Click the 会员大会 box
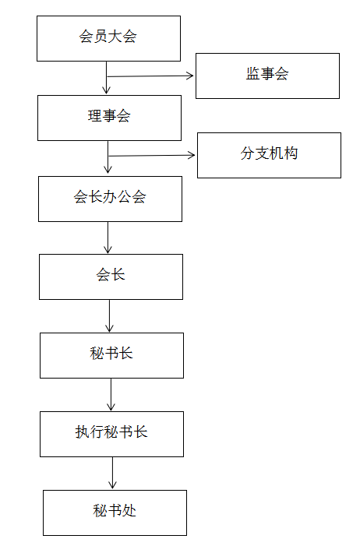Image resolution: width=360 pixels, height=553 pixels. [109, 38]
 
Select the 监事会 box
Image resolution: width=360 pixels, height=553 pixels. [267, 76]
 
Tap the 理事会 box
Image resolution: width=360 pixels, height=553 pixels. [109, 118]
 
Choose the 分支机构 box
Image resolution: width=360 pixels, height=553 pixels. [269, 155]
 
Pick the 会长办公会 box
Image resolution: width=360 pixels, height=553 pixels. [110, 199]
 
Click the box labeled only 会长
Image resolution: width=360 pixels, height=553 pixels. [111, 276]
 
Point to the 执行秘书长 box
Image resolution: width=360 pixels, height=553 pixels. [111, 434]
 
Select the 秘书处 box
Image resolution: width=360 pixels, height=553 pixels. [115, 512]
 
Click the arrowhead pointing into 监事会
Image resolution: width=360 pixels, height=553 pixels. [191, 76]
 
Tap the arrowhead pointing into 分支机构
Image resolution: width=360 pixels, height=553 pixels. [192, 155]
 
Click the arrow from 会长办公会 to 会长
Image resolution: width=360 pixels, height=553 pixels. [108, 238]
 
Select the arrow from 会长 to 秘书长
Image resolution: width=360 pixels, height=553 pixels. [109, 316]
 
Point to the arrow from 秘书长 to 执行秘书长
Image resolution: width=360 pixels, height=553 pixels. [111, 395]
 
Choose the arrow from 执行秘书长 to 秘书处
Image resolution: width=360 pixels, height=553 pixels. [112, 473]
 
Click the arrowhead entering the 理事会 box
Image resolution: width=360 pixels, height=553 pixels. [106, 90]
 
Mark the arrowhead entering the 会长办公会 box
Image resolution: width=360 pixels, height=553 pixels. [108, 170]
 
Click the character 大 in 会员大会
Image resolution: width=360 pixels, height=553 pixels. [115, 37]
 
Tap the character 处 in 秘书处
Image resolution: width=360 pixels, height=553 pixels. [129, 510]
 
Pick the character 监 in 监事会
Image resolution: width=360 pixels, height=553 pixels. [253, 74]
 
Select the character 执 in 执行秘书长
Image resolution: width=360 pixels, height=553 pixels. [82, 431]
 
